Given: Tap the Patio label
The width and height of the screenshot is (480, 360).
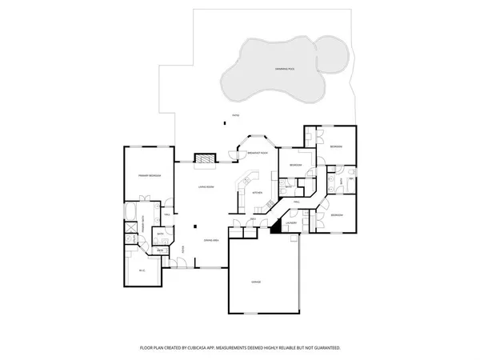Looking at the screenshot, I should point(235,117).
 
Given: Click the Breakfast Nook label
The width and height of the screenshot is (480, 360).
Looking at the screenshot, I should point(257,153).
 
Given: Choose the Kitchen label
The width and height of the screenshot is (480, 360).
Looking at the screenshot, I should point(257,193).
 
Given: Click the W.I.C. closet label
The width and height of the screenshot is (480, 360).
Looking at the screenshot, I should point(142,270).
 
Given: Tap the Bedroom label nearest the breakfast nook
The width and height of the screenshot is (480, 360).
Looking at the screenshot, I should point(296,165).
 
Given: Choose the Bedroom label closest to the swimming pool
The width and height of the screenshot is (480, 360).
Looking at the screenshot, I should point(337,147).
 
